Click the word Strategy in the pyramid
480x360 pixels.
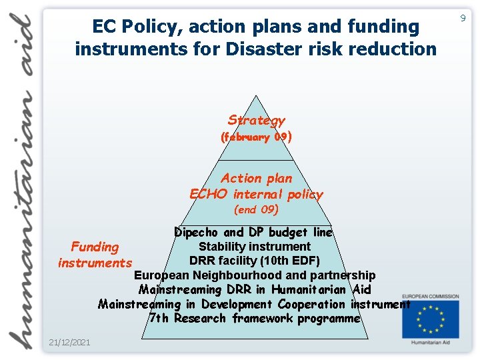(256, 121)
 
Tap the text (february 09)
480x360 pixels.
(256, 137)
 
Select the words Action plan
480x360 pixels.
(256, 178)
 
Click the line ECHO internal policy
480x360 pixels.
(256, 195)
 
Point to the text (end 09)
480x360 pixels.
(256, 210)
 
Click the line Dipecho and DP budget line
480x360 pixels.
(253, 233)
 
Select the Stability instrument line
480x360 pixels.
(255, 247)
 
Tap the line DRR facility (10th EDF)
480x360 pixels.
(255, 261)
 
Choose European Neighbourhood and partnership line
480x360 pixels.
(255, 275)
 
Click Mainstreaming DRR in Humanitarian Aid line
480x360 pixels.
(255, 290)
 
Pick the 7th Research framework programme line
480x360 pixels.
(255, 319)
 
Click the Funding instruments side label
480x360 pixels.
(95, 255)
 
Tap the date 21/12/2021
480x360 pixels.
(69, 343)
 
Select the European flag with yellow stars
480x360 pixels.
(430, 319)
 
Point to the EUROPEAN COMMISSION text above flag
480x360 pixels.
(430, 297)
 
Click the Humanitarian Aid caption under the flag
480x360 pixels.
(430, 344)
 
